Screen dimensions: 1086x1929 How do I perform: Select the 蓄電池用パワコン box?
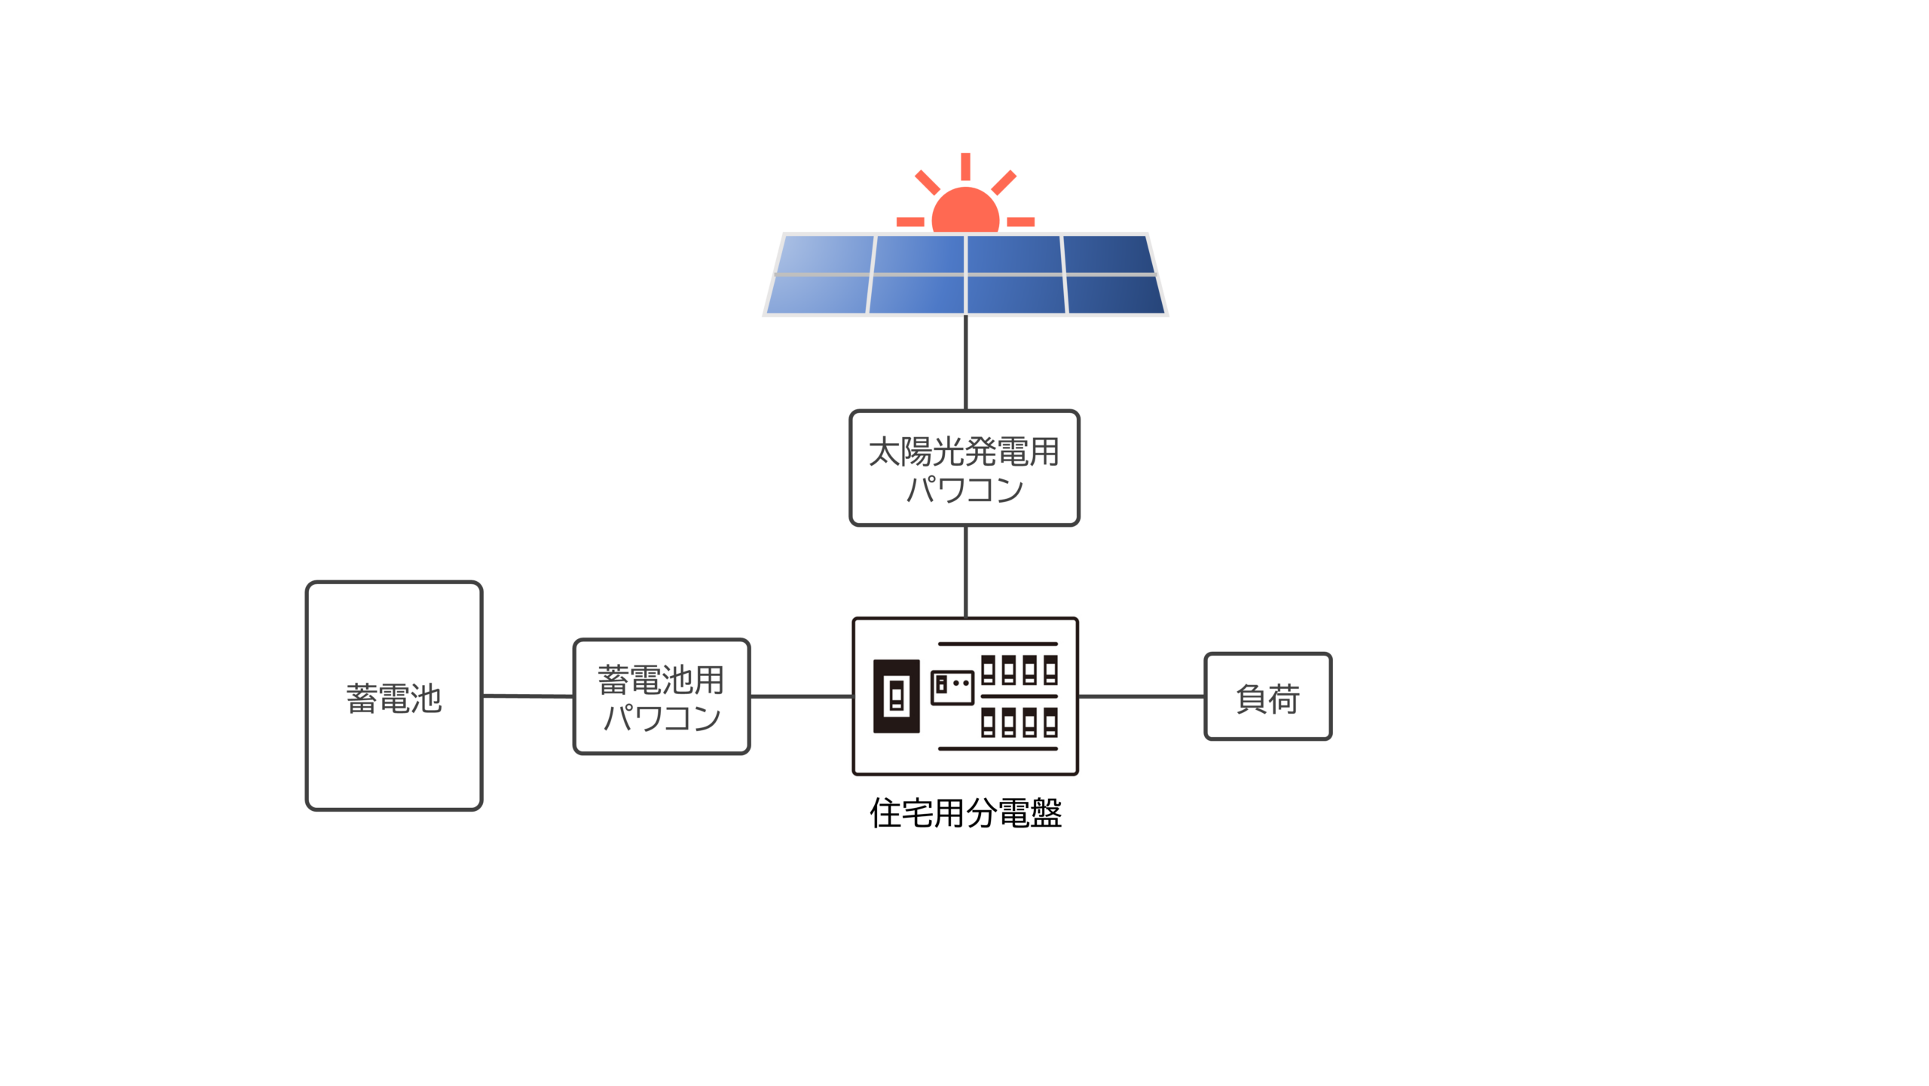coord(661,696)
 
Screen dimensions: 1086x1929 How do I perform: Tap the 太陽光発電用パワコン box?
coord(964,468)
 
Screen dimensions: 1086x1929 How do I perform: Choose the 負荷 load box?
coord(1267,696)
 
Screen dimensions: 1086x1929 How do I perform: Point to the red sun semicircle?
coord(965,212)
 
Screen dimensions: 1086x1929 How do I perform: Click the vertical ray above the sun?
coord(965,166)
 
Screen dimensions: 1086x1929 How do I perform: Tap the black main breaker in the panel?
coord(896,696)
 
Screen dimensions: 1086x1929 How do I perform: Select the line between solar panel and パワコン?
coord(965,363)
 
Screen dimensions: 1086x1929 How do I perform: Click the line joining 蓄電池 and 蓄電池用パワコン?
coord(527,696)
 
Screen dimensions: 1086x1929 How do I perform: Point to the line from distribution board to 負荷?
coord(1141,696)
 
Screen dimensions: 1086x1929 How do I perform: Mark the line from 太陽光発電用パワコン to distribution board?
coord(965,571)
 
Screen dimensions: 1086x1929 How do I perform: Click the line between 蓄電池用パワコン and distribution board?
coord(800,696)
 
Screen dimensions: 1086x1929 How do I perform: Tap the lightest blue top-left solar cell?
coord(827,254)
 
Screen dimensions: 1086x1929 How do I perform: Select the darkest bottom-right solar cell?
coord(1115,295)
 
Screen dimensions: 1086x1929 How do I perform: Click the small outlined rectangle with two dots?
coord(952,687)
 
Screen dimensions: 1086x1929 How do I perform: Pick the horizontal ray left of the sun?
coord(910,222)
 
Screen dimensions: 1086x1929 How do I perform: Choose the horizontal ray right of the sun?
coord(1020,222)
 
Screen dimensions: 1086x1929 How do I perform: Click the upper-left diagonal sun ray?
coord(927,182)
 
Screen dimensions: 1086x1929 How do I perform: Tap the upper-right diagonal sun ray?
coord(1004,182)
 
